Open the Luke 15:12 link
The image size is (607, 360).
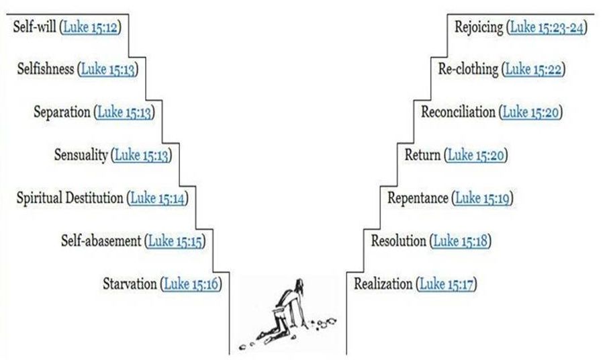(x=90, y=28)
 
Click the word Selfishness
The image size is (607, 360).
(x=47, y=69)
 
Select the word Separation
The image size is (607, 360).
(x=62, y=112)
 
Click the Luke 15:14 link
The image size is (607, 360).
(x=158, y=198)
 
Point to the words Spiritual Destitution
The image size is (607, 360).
(x=70, y=198)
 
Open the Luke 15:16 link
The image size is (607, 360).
(x=191, y=283)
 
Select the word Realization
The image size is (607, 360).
(x=383, y=283)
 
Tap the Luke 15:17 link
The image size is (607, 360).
(x=446, y=283)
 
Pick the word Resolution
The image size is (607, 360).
(x=398, y=240)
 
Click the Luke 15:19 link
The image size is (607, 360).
(x=483, y=198)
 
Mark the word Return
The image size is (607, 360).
(x=422, y=155)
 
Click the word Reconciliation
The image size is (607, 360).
(x=458, y=112)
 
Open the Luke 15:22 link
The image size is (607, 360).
(x=534, y=69)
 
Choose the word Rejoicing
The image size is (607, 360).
(x=478, y=28)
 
